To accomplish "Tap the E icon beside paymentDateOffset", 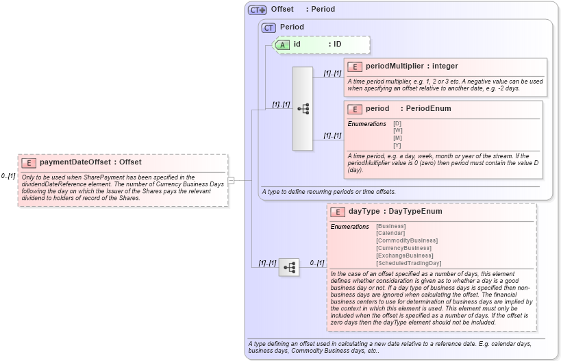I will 29,162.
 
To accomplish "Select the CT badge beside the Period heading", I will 269,27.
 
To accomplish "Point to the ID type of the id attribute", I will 337,45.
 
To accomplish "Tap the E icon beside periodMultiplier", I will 355,66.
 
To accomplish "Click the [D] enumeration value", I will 397,123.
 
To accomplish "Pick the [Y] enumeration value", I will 397,145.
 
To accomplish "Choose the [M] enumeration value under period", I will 397,138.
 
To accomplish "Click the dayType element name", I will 364,212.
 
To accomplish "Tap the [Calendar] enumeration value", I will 390,233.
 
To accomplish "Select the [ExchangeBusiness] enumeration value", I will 404,256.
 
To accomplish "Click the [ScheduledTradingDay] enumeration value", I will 409,263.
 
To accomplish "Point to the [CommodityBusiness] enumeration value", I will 407,240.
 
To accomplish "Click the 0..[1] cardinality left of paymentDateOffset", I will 8,176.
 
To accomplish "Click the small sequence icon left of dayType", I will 288,266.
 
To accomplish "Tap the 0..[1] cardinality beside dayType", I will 316,263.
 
